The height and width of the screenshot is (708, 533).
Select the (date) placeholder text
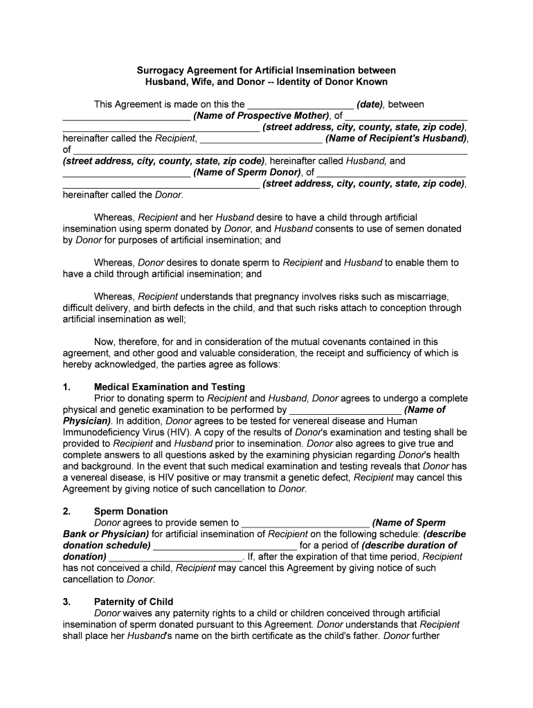(371, 104)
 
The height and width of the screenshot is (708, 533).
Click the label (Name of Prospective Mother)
(261, 115)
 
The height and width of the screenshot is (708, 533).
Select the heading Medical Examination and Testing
(170, 387)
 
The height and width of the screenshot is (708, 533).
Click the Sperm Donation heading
(131, 512)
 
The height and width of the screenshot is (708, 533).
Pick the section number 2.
(66, 512)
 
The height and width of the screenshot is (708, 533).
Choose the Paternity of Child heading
(134, 602)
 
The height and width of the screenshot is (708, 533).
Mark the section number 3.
(66, 602)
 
